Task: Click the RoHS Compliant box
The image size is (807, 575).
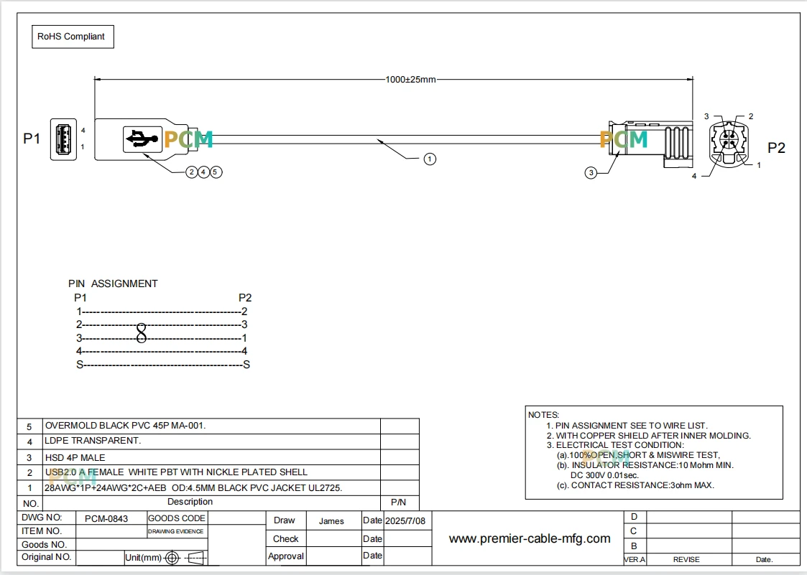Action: [73, 37]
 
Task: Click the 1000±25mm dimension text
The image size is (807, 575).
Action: [411, 80]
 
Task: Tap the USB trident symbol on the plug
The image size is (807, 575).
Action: [142, 139]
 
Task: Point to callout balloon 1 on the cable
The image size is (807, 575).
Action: [430, 159]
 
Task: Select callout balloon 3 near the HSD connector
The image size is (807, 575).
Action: [591, 173]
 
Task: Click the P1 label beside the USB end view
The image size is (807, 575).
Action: [32, 139]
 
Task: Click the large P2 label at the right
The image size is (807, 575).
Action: [776, 148]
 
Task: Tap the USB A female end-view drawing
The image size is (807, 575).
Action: [63, 139]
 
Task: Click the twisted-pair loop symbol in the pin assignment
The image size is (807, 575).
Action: [141, 332]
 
